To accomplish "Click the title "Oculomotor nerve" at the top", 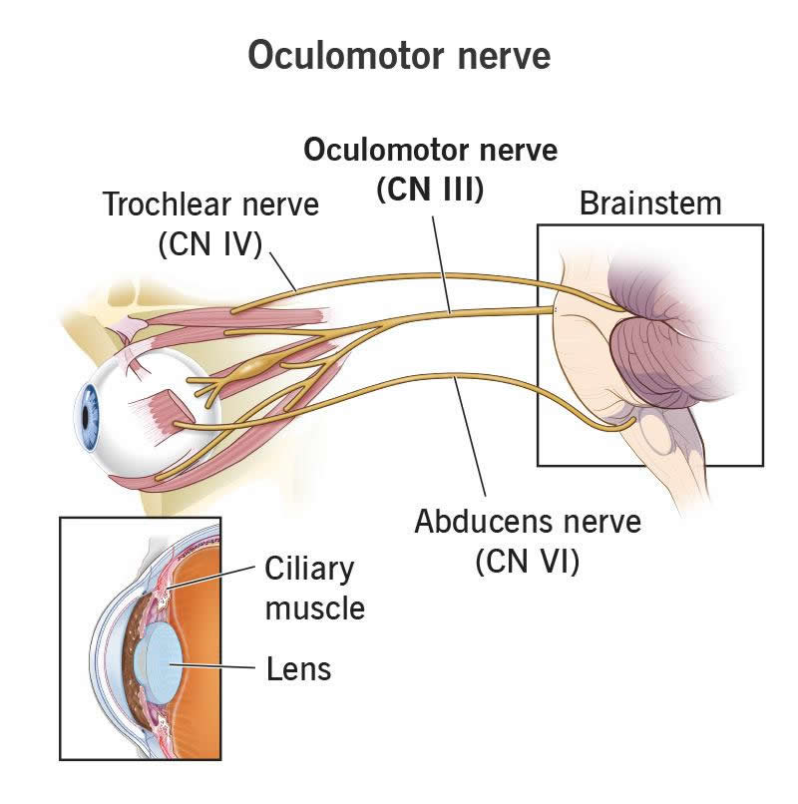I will tap(399, 55).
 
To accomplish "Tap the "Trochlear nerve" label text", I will tap(211, 206).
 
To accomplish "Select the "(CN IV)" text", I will tap(209, 243).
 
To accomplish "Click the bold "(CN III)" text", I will tap(430, 190).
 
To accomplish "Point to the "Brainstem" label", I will tap(650, 204).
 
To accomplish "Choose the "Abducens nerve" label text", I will tap(528, 522).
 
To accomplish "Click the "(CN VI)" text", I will tap(528, 561).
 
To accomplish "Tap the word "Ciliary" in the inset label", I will tap(309, 570).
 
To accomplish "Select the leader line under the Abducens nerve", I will tap(471, 439).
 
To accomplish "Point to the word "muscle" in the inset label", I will tap(315, 606).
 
